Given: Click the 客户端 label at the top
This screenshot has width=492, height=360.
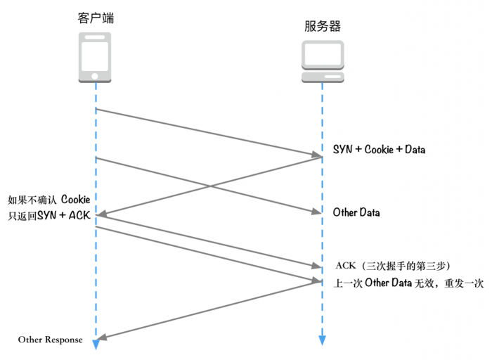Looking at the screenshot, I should click(x=96, y=18).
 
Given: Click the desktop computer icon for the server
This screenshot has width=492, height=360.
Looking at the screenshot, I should click(x=323, y=62).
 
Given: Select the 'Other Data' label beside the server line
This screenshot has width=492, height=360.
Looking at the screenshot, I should click(x=356, y=212).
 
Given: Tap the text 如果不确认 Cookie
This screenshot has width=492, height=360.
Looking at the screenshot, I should click(x=48, y=199).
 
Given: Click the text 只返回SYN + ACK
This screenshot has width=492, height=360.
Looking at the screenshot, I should click(x=48, y=215).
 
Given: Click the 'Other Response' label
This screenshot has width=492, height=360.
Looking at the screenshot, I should click(x=50, y=340).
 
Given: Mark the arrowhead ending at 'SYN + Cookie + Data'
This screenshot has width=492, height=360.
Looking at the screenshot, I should click(x=317, y=154).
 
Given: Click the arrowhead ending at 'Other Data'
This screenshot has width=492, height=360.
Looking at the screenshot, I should click(x=317, y=212).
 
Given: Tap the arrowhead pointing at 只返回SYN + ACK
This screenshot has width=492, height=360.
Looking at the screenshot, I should click(x=101, y=214).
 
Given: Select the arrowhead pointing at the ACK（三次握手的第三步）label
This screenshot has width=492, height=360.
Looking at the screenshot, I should click(x=316, y=266).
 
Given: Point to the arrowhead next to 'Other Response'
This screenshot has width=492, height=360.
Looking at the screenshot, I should click(x=101, y=337).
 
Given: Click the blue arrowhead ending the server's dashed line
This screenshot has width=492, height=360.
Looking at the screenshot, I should click(x=323, y=341).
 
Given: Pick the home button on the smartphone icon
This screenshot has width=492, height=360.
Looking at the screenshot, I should click(x=96, y=76).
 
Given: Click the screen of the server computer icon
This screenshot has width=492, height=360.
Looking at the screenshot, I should click(x=323, y=54).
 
